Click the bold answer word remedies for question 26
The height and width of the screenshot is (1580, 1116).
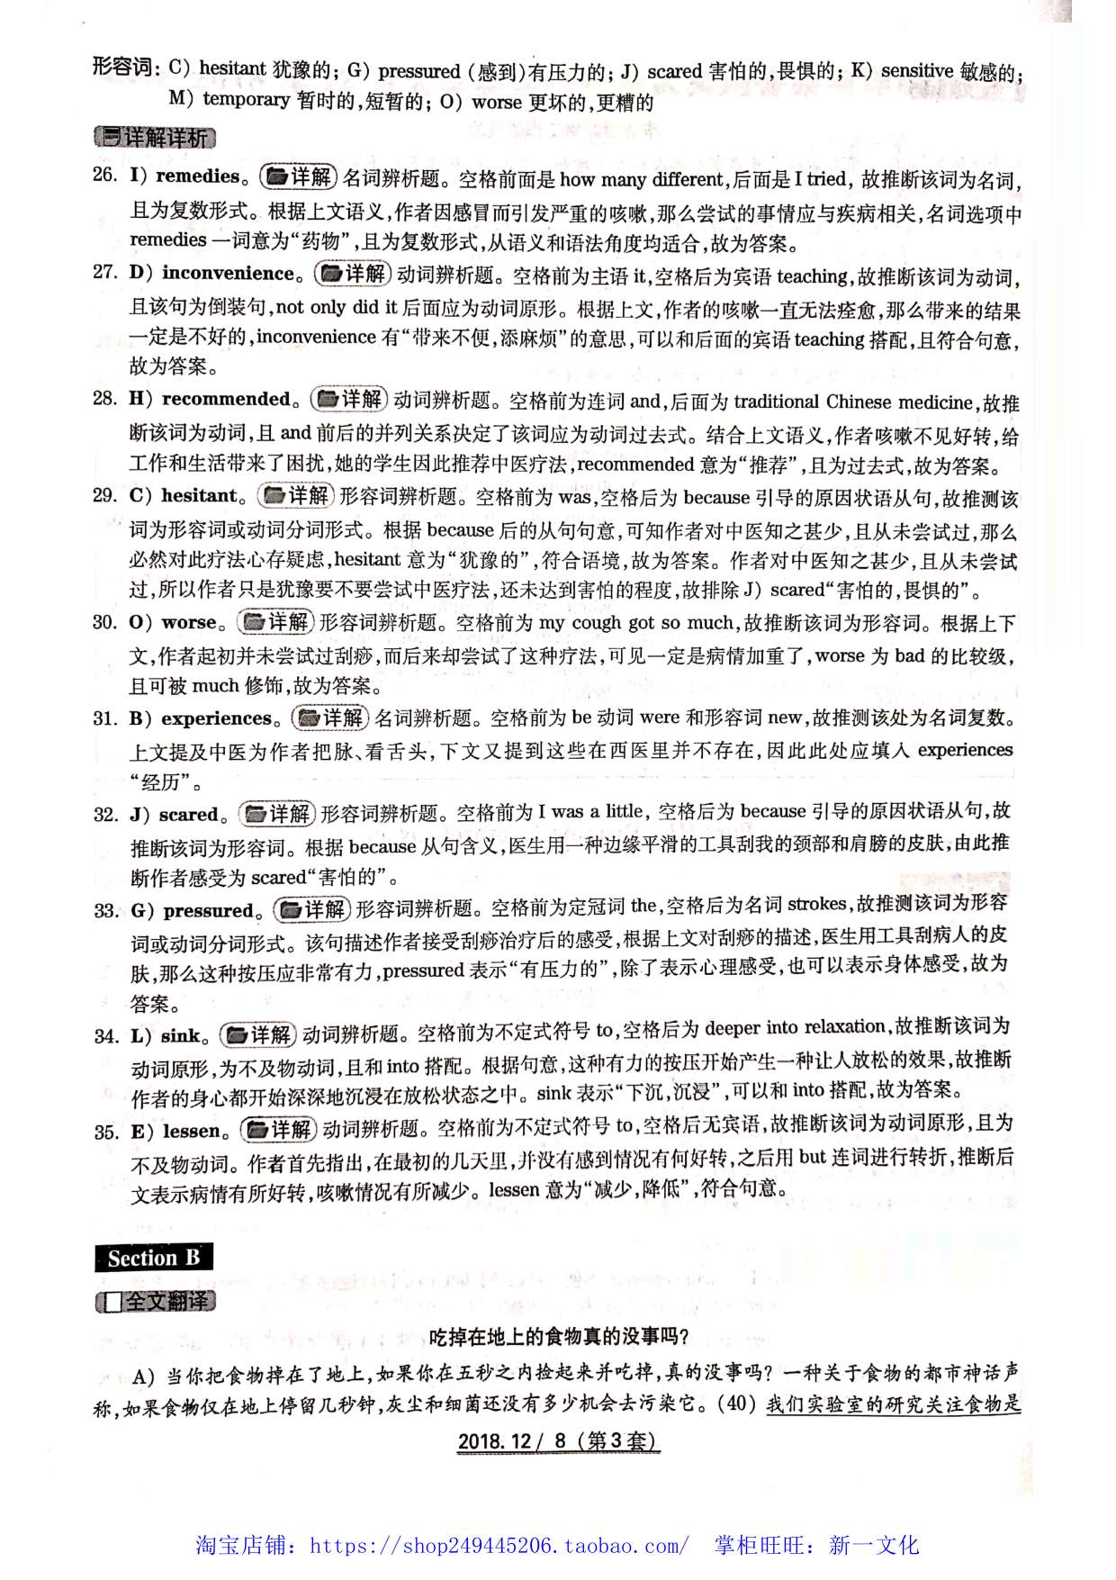point(197,176)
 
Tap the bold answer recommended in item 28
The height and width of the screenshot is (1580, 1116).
point(226,399)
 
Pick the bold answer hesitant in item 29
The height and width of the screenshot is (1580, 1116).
point(199,495)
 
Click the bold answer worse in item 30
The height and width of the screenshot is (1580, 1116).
point(189,622)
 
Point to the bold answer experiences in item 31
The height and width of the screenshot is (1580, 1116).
point(216,718)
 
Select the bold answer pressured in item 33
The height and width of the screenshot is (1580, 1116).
point(209,910)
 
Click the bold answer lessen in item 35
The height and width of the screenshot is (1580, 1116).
point(191,1131)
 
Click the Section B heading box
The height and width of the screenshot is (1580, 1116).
point(154,1258)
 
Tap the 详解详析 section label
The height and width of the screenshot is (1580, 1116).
point(155,138)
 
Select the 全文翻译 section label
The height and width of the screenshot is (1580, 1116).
point(156,1302)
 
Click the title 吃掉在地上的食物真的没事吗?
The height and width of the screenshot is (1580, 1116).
point(558,1337)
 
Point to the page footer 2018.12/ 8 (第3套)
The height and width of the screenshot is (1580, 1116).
point(558,1440)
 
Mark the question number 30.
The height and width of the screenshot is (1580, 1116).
point(105,622)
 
